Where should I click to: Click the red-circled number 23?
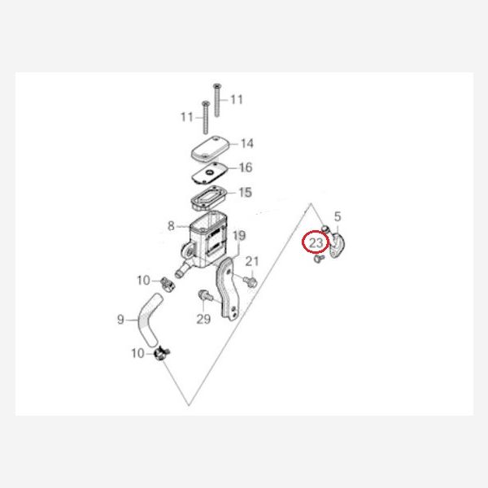click(316, 242)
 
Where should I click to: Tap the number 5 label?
click(338, 216)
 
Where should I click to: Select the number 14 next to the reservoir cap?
click(247, 143)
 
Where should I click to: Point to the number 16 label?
click(246, 168)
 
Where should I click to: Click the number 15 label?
click(246, 192)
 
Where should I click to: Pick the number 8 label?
click(171, 226)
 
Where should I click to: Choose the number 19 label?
click(239, 236)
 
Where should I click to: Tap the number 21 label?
click(252, 261)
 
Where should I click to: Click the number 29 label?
click(203, 319)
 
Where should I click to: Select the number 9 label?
click(120, 320)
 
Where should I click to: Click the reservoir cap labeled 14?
click(210, 149)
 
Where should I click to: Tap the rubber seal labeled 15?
click(209, 198)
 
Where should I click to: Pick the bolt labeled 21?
click(251, 282)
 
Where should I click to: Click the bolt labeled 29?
click(206, 295)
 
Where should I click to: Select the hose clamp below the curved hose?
click(162, 354)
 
